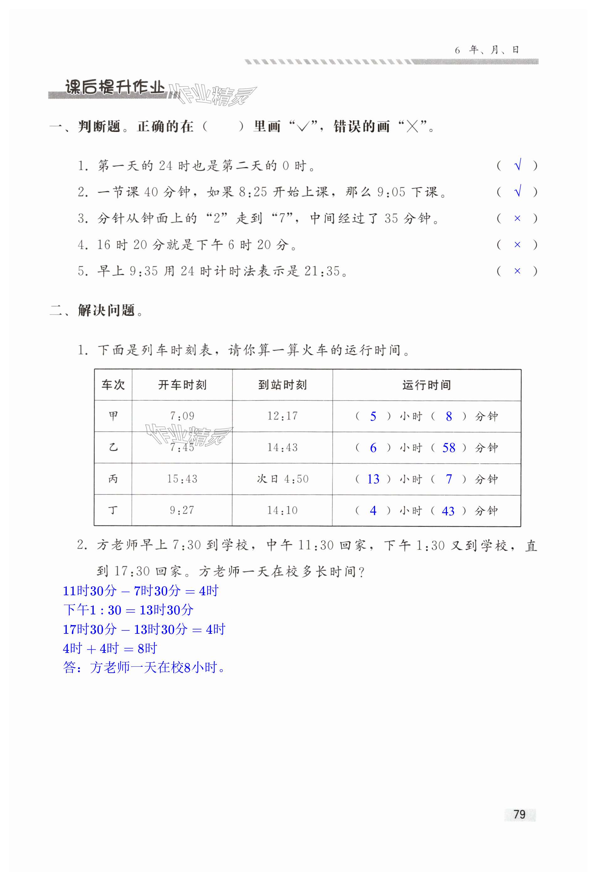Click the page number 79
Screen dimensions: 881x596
point(520,814)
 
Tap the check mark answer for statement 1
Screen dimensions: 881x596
point(518,165)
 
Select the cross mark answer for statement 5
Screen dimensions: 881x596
point(517,271)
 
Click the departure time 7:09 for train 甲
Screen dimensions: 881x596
point(182,416)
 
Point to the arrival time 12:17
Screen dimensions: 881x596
point(282,416)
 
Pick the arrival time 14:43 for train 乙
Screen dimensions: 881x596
point(282,447)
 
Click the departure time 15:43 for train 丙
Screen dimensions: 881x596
point(182,479)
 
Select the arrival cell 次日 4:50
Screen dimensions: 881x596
point(282,479)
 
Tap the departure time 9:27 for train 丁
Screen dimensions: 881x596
point(182,510)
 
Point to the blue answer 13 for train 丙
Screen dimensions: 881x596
point(373,479)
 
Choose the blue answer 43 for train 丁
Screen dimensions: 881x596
point(448,511)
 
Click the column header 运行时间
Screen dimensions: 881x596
point(426,385)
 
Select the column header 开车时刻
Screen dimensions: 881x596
point(182,385)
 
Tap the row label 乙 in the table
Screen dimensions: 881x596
point(113,447)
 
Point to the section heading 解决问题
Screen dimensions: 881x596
point(106,310)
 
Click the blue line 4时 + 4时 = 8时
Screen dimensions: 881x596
point(110,648)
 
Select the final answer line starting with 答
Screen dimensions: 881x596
point(144,668)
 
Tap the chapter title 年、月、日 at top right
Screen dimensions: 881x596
point(493,50)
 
